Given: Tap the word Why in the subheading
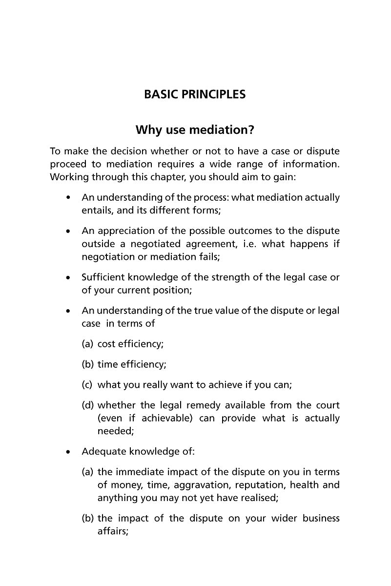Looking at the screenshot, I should tap(147, 130).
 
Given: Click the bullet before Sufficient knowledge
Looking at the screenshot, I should tap(69, 278).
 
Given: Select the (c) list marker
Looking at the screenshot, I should tap(87, 385).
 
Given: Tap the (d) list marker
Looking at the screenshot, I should tap(87, 405).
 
